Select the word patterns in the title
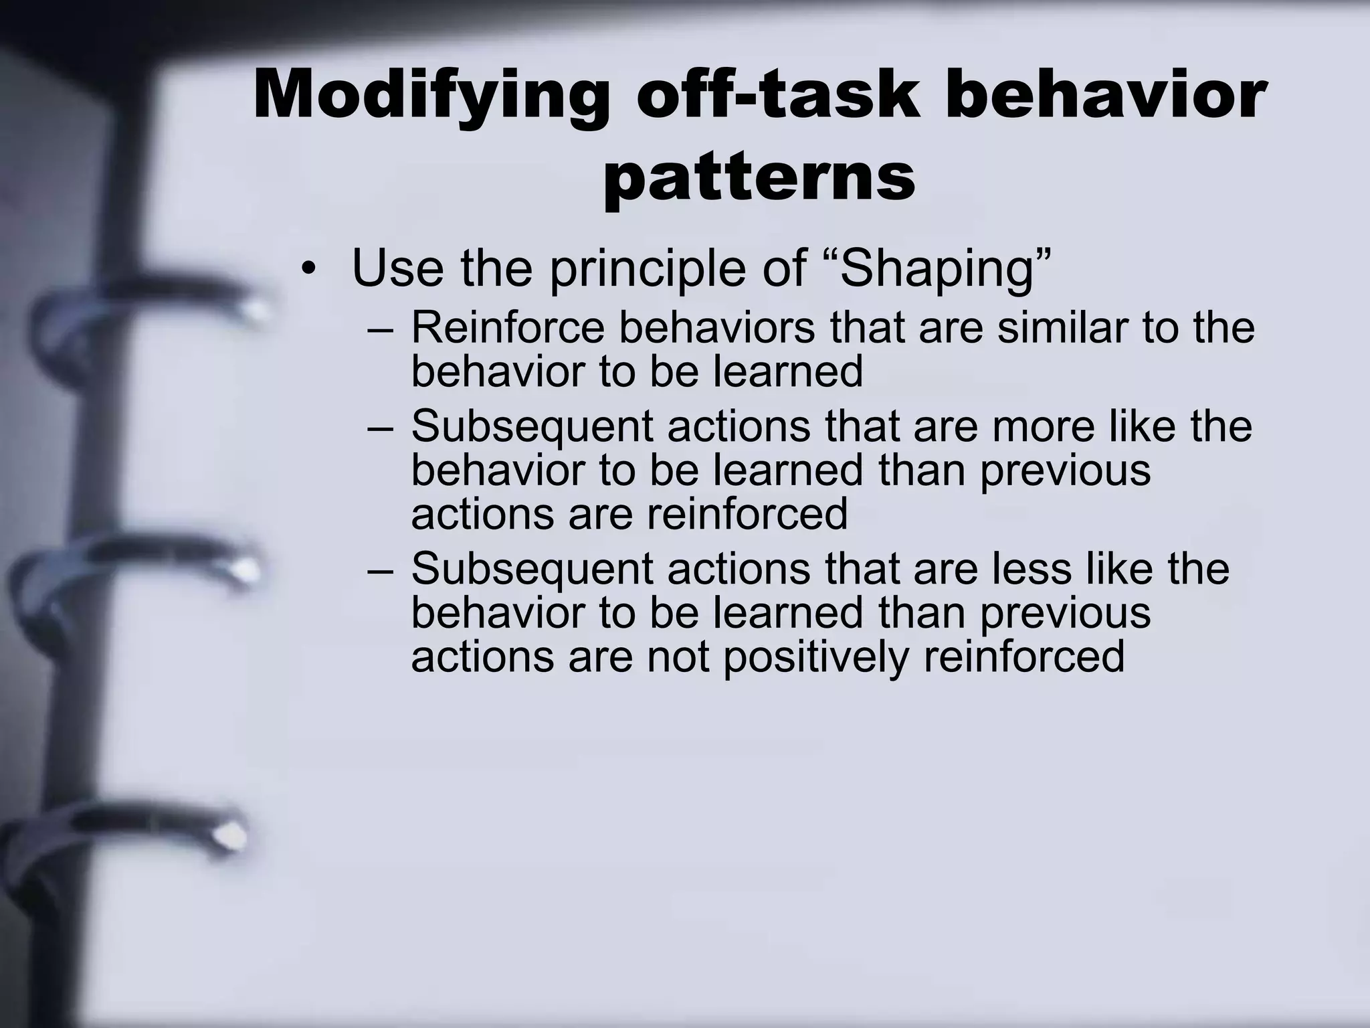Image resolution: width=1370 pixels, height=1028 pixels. (759, 178)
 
